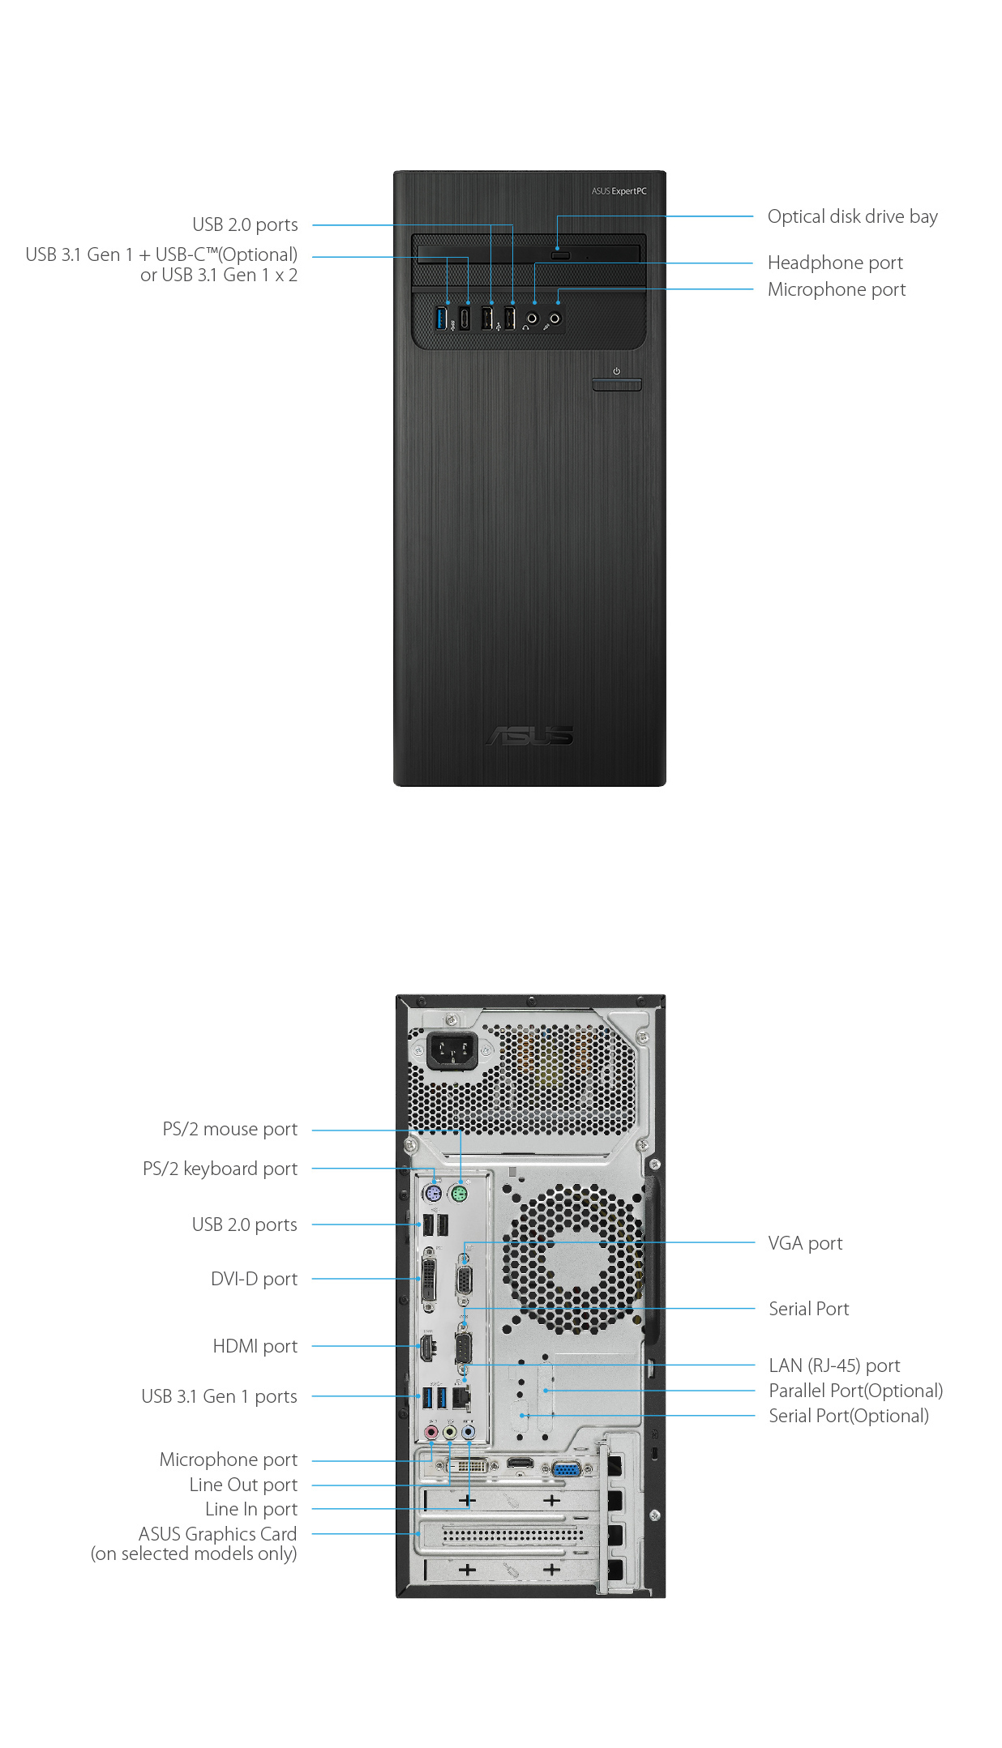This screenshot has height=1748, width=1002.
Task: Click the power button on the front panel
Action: coord(616,384)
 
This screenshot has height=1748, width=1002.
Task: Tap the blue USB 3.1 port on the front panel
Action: coord(442,318)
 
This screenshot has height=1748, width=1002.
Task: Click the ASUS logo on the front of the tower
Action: coord(529,735)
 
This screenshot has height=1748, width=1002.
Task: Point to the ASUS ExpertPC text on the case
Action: coord(619,191)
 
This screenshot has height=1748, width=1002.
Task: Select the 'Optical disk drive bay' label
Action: coord(852,217)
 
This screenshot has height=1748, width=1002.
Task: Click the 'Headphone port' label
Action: coord(835,263)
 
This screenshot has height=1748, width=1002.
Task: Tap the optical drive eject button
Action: coord(560,255)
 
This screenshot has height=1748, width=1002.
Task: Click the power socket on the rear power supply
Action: coord(451,1051)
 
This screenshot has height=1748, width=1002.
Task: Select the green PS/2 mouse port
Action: coord(459,1194)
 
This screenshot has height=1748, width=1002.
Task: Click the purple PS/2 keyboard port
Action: coord(433,1194)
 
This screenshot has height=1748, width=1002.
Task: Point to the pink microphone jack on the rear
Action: coord(431,1433)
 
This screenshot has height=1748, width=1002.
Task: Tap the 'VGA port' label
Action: coord(805,1243)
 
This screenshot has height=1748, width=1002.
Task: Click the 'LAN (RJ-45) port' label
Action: coord(834,1365)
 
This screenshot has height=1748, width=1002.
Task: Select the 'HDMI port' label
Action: coord(255,1346)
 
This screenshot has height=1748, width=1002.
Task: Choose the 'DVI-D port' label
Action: coord(254,1279)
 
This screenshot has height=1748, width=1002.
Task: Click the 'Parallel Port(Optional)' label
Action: coord(855,1391)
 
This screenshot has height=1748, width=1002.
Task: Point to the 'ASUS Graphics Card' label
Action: coord(217,1534)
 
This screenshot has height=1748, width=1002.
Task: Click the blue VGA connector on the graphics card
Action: coord(566,1468)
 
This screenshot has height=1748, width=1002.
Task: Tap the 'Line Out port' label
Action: coord(243,1485)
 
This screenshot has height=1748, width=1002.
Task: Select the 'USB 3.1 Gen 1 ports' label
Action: coord(219,1396)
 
